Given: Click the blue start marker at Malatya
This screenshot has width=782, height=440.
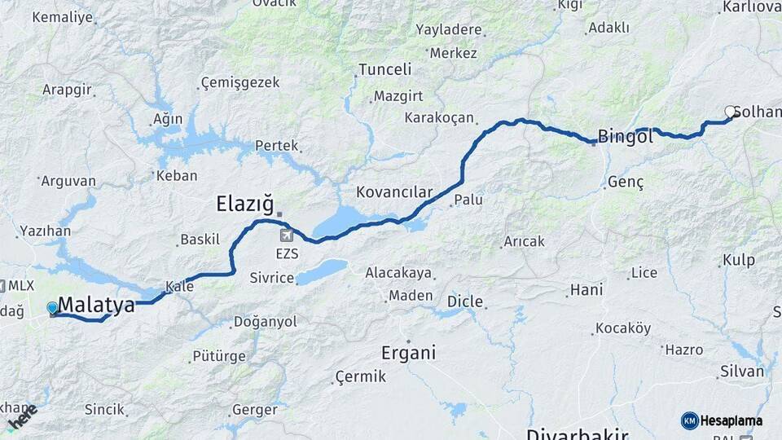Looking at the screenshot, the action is click(53, 308).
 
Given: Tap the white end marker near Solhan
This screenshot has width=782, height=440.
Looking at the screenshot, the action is click(731, 112).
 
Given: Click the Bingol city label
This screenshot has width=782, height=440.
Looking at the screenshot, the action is click(625, 137).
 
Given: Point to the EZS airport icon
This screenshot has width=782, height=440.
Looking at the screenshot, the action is click(287, 236).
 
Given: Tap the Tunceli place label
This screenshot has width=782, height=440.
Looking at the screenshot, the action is click(385, 69).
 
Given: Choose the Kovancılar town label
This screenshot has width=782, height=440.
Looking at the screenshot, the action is click(394, 192).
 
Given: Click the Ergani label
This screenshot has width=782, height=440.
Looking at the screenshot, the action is click(408, 353).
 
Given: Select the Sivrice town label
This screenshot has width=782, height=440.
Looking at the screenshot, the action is click(272, 278).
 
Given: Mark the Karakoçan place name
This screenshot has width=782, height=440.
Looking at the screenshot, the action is click(438, 117).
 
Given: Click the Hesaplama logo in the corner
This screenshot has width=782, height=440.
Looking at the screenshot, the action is click(722, 420).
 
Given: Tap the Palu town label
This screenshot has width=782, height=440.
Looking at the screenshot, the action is click(468, 200).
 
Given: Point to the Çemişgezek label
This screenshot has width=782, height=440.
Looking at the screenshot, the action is click(239, 82).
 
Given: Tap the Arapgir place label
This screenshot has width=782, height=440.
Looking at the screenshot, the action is click(67, 90).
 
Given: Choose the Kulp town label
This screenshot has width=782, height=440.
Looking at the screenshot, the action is click(738, 261).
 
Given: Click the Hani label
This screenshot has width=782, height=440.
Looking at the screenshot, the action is click(586, 289).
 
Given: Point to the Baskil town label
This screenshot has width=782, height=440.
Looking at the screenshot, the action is click(200, 240).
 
